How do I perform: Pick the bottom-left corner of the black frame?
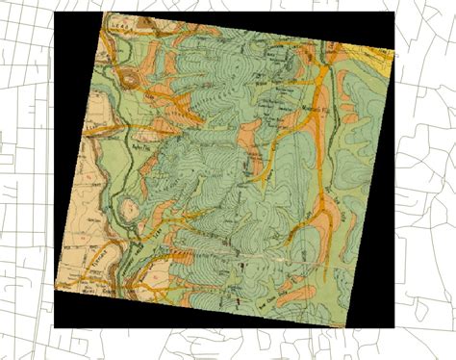point(53,327)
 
